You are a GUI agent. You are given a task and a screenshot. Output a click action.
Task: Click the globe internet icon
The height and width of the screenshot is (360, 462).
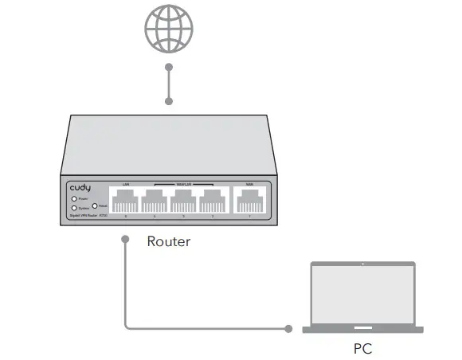point(169,29)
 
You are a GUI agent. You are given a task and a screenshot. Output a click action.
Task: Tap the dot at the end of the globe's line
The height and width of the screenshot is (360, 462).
point(169,101)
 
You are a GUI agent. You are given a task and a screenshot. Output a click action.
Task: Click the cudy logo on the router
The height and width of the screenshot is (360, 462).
point(80,187)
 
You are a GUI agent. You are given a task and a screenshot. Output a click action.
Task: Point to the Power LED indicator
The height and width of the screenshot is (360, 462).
point(73,198)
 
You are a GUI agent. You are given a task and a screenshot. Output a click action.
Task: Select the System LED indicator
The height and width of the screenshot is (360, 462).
point(73,208)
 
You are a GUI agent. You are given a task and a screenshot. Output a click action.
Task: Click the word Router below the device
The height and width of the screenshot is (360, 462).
point(169,241)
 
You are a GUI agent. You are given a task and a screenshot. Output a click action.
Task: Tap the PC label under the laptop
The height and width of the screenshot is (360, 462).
point(362,348)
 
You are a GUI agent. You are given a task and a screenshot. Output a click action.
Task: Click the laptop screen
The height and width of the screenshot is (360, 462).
point(362,294)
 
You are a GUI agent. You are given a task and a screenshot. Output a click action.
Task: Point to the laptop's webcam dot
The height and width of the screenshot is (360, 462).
point(362,264)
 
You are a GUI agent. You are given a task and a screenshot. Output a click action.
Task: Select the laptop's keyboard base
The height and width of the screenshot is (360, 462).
point(362,329)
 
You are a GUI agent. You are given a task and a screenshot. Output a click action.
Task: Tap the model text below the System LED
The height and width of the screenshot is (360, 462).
point(88,216)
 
